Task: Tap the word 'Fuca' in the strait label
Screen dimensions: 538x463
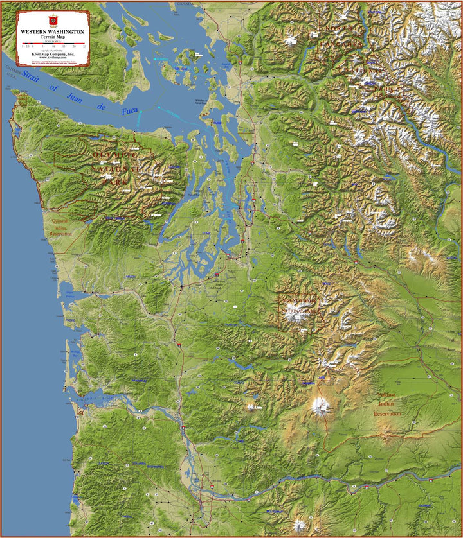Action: tap(129, 110)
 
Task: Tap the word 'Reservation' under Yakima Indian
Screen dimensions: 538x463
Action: tap(387, 414)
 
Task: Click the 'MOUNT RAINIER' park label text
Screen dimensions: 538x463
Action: tap(298, 300)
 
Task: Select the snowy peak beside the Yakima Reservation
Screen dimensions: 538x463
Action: tap(320, 406)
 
